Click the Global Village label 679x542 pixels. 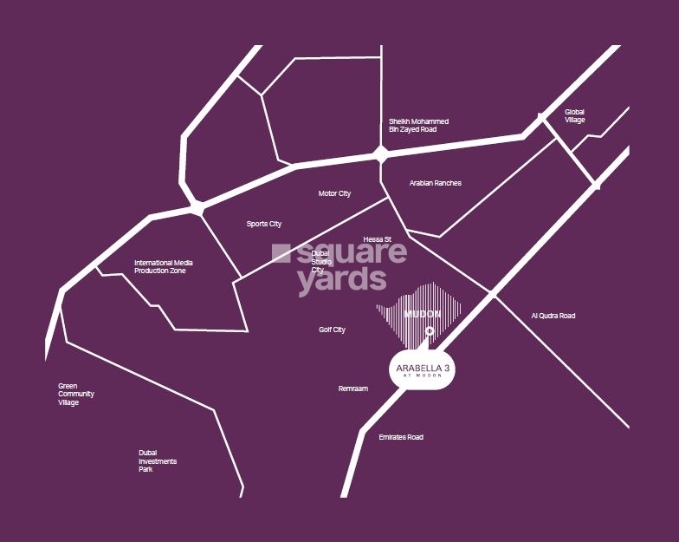pyautogui.click(x=575, y=115)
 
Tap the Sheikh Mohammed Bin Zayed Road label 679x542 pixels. pyautogui.click(x=418, y=125)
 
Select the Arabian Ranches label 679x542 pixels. pyautogui.click(x=435, y=183)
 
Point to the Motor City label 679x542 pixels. pyautogui.click(x=334, y=193)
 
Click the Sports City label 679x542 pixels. pyautogui.click(x=264, y=224)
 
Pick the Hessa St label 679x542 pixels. pyautogui.click(x=378, y=238)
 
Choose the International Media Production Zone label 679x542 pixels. pyautogui.click(x=164, y=266)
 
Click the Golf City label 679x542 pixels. pyautogui.click(x=332, y=330)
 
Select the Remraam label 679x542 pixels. pyautogui.click(x=352, y=389)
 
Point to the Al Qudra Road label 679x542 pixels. pyautogui.click(x=553, y=316)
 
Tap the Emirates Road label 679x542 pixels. pyautogui.click(x=401, y=437)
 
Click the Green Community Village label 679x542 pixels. pyautogui.click(x=76, y=394)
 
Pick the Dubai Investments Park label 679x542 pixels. pyautogui.click(x=158, y=460)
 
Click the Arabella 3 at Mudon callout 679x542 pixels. pyautogui.click(x=423, y=370)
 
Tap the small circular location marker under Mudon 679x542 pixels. pyautogui.click(x=430, y=330)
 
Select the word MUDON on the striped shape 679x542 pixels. pyautogui.click(x=424, y=313)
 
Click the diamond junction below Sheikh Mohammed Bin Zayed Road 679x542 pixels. pyautogui.click(x=380, y=155)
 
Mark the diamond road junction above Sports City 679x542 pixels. pyautogui.click(x=197, y=208)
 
